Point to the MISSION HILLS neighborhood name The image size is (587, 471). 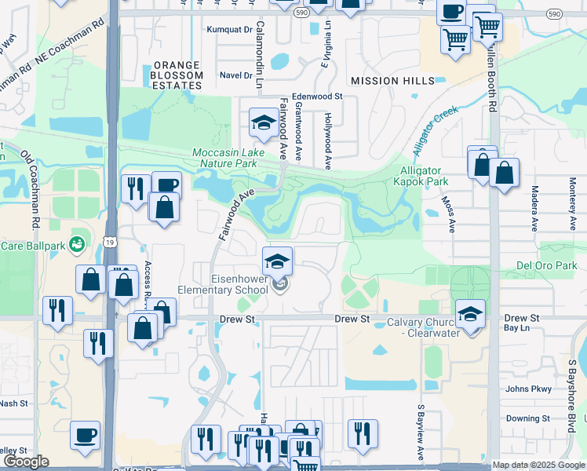(x=392, y=81)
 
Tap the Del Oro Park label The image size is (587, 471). (x=548, y=265)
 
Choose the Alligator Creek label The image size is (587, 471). (x=436, y=126)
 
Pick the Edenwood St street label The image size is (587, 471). (x=318, y=97)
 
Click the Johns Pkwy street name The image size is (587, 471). (x=530, y=389)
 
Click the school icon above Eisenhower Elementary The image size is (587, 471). (x=276, y=260)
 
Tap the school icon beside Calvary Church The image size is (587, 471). (x=469, y=315)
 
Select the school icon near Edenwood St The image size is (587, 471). (x=262, y=121)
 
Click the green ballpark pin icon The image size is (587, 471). (x=77, y=244)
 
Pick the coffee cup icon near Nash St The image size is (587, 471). (x=85, y=434)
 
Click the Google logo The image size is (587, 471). (x=25, y=462)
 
